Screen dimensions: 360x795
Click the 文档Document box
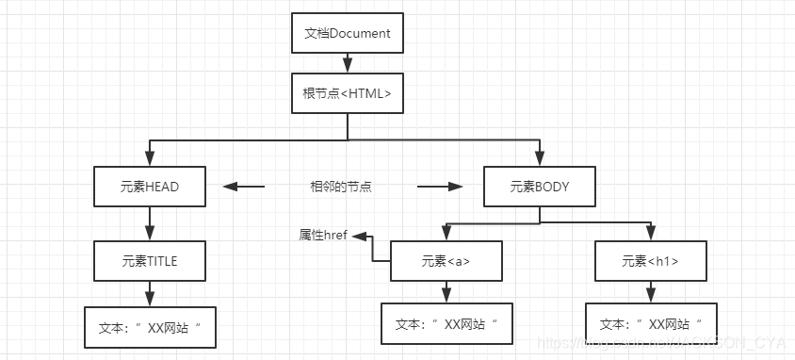348,34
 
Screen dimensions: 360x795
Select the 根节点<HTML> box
348,93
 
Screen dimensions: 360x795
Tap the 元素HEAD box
150,187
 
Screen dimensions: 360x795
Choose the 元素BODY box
540,187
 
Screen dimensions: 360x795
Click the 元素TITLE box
150,260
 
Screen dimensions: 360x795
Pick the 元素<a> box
446,261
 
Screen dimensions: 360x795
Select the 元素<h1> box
650,261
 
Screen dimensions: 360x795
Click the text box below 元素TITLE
150,328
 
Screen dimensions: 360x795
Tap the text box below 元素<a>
446,323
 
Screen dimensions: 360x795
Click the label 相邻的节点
341,187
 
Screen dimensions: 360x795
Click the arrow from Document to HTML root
348,63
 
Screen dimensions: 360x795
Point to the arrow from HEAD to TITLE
150,223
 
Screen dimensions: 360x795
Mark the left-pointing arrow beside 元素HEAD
243,187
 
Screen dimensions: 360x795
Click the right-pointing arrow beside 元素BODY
440,187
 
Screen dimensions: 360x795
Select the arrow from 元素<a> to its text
446,292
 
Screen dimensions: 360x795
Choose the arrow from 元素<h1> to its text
650,292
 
